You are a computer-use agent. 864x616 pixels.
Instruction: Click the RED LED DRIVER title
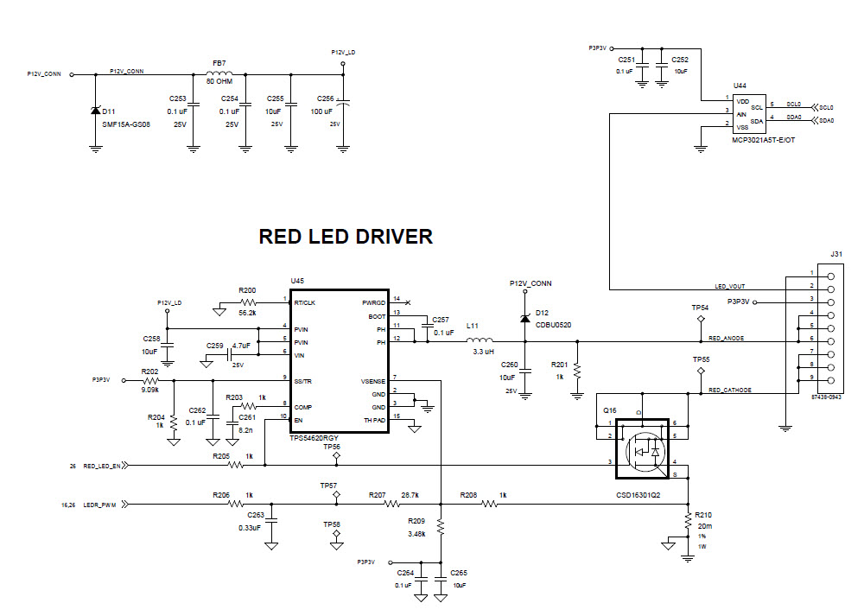[x=346, y=237]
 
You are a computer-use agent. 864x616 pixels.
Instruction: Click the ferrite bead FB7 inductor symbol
[x=219, y=73]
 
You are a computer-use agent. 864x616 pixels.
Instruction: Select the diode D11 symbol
[x=95, y=111]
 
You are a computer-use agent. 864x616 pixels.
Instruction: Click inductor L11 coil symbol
[x=480, y=340]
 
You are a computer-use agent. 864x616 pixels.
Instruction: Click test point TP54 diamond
[x=701, y=320]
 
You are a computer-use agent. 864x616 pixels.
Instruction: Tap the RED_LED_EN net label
[x=101, y=466]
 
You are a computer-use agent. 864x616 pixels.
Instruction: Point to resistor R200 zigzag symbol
[x=248, y=302]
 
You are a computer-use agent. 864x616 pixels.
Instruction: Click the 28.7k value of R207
[x=410, y=495]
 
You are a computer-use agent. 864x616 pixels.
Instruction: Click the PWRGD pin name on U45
[x=373, y=303]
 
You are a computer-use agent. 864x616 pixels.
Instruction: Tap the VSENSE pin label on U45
[x=373, y=380]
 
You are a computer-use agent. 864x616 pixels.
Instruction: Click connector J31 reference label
[x=835, y=254]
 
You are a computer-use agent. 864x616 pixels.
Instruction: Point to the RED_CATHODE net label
[x=729, y=391]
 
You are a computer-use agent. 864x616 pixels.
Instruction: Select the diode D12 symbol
[x=524, y=318]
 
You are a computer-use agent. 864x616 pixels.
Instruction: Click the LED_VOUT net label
[x=730, y=286]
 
